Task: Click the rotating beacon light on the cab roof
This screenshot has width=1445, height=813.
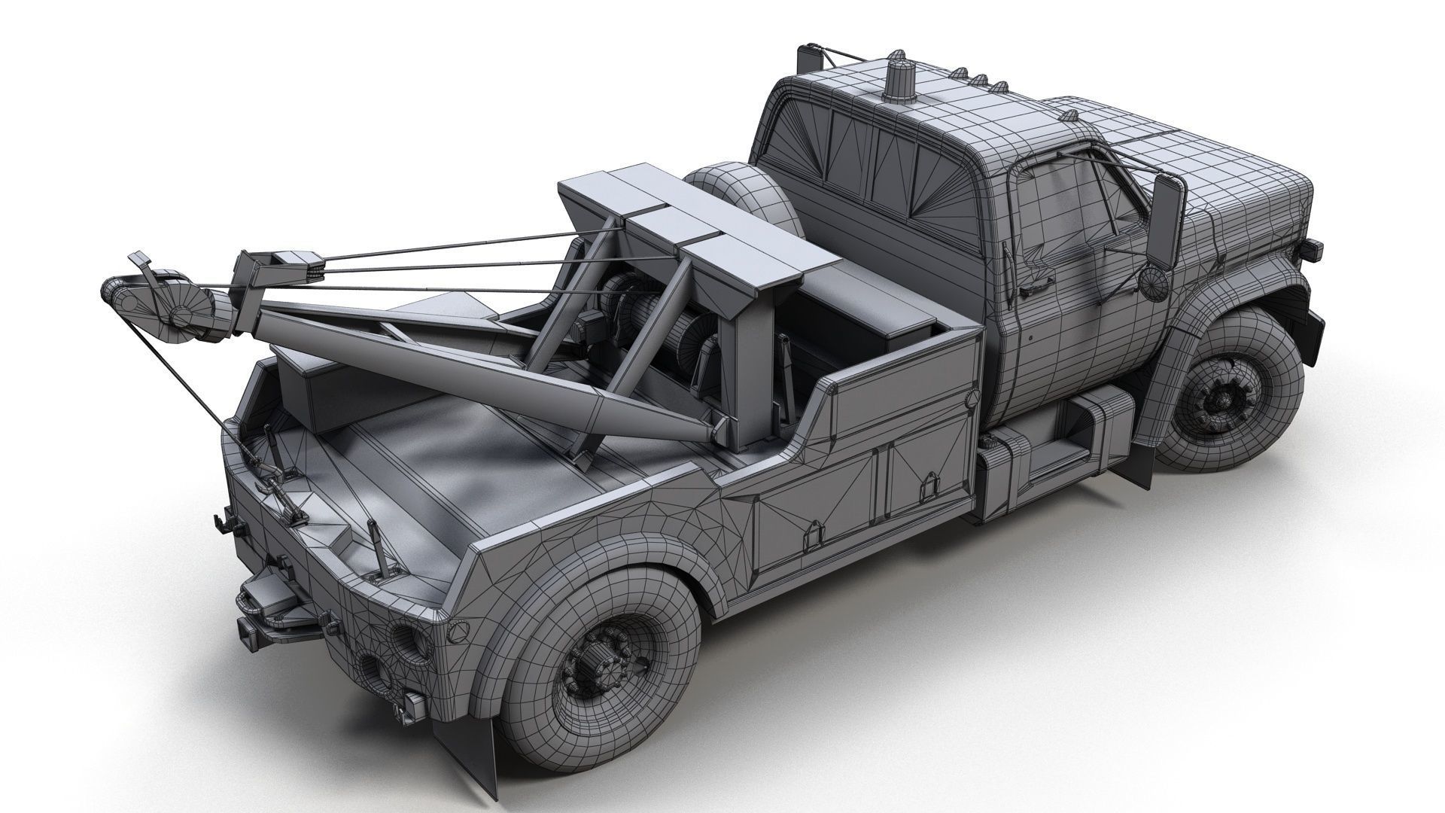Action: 897,80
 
